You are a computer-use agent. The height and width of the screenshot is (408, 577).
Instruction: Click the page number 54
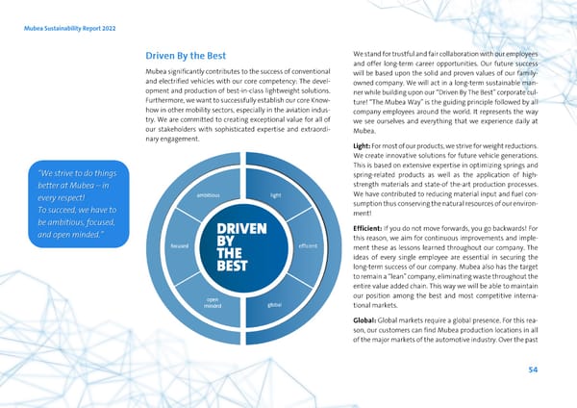click(x=534, y=370)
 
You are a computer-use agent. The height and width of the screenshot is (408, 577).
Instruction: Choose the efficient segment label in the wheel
click(x=309, y=245)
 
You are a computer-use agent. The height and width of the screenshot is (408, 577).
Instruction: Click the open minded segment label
click(x=213, y=303)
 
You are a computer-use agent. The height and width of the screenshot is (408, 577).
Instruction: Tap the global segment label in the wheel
click(x=275, y=306)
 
